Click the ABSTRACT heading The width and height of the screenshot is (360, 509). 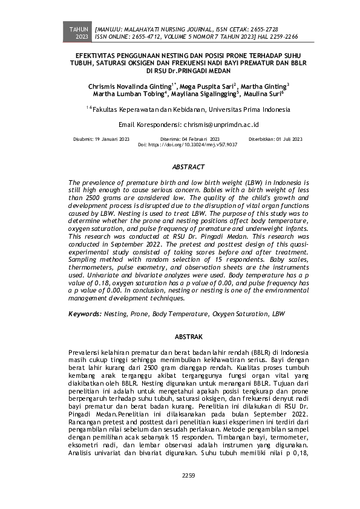point(180,166)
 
